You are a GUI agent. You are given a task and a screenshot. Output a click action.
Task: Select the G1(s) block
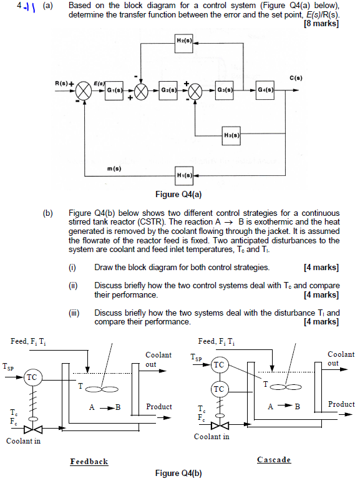(114, 90)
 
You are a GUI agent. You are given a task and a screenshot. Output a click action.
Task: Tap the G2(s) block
(168, 90)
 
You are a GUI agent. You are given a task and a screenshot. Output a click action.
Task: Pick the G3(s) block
(224, 90)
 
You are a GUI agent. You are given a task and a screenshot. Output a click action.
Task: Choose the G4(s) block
(266, 90)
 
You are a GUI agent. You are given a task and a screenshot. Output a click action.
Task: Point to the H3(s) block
(231, 135)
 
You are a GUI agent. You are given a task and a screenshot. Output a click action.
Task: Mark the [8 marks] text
(321, 24)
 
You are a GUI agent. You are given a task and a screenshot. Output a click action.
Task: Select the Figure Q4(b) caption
(180, 472)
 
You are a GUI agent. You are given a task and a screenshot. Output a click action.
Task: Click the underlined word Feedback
(89, 462)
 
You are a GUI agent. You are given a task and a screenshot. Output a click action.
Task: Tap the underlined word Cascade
(274, 460)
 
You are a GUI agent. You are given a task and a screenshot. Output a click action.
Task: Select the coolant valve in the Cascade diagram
(218, 425)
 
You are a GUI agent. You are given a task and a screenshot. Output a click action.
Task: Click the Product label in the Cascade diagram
(341, 404)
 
